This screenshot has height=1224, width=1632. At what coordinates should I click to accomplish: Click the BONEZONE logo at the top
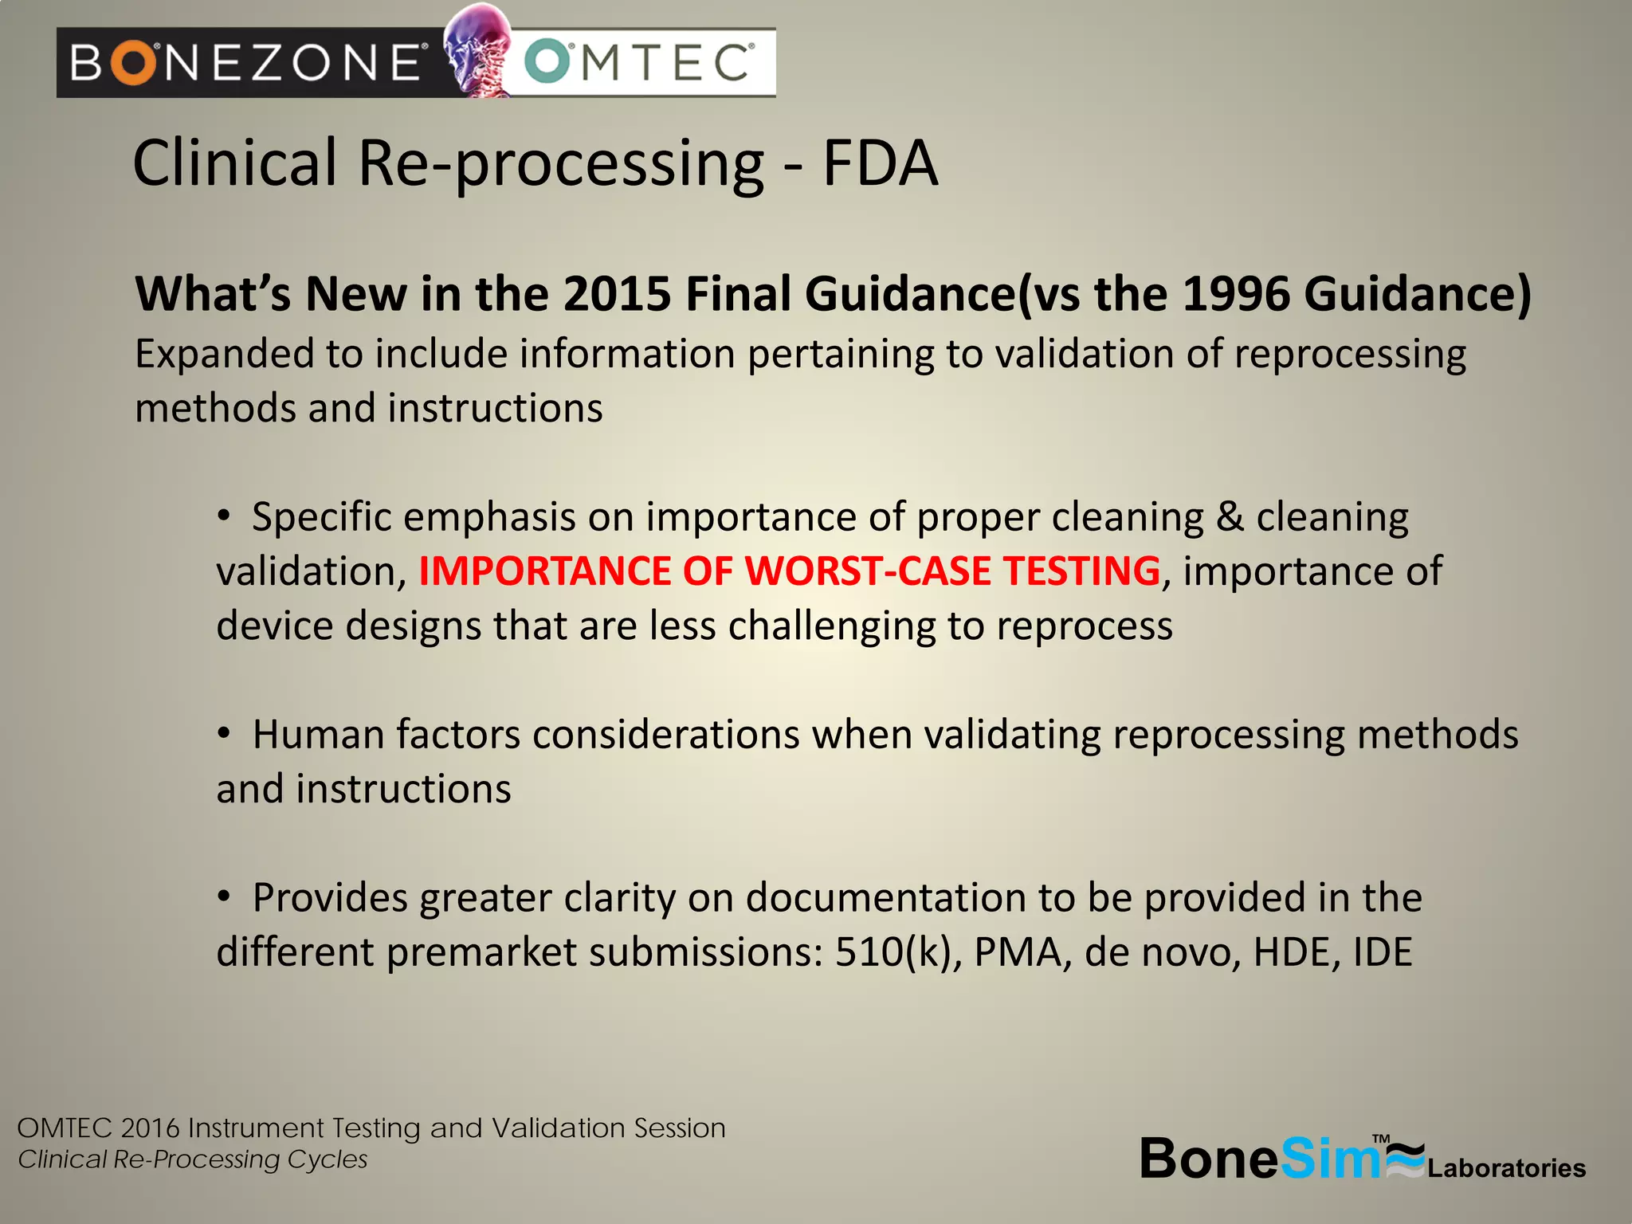(247, 62)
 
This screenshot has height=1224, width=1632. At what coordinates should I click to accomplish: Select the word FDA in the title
(880, 163)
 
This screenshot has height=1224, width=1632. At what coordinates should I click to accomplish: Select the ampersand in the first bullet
(1230, 517)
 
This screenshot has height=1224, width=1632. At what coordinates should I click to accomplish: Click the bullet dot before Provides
(225, 897)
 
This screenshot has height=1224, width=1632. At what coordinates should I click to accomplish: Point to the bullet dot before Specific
(225, 516)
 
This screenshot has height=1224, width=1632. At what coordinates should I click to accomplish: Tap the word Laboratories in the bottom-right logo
(1506, 1168)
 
